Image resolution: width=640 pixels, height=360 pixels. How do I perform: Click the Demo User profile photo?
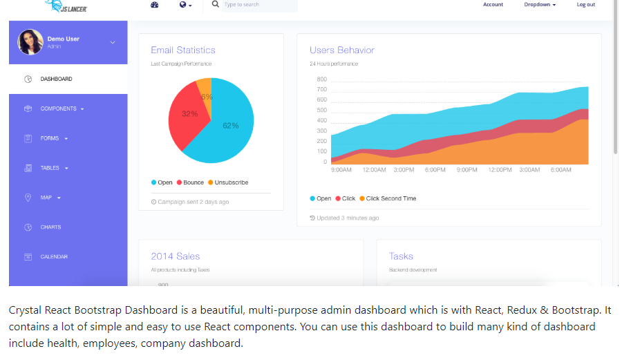tap(30, 41)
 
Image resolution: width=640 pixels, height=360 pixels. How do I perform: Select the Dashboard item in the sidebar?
tap(56, 79)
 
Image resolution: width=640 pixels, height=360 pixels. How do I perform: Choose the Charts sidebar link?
tap(50, 227)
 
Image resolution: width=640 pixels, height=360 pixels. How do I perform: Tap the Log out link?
tap(585, 5)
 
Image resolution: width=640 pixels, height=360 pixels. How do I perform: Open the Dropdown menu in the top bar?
tap(540, 5)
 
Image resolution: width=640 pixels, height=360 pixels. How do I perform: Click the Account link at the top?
tap(493, 5)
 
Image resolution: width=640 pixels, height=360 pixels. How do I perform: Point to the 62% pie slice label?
tap(231, 126)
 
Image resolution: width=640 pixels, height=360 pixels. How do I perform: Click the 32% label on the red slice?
tap(189, 114)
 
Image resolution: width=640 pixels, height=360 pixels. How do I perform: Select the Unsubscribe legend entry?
tap(231, 182)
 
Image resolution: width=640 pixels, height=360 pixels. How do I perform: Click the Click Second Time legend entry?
tap(390, 198)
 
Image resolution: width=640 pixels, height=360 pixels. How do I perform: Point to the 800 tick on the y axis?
tap(322, 79)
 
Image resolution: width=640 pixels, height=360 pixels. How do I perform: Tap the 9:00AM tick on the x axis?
tap(341, 170)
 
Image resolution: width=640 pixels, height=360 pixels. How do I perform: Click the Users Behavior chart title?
tap(341, 50)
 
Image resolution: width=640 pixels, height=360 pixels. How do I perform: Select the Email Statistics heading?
tap(183, 50)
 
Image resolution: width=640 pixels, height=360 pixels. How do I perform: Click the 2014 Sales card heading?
tap(176, 256)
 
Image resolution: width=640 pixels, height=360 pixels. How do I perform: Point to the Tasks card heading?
tap(401, 256)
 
